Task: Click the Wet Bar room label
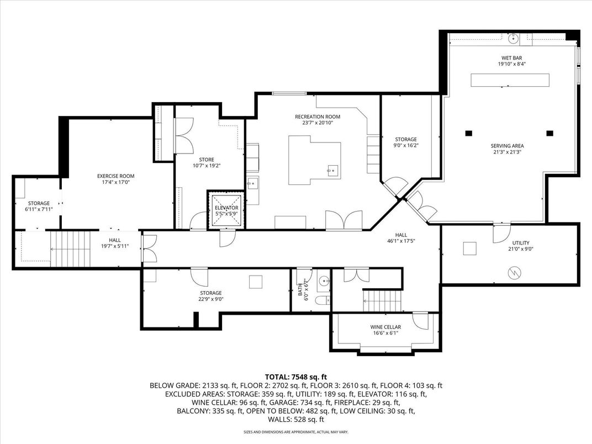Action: click(511, 58)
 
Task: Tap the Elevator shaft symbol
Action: click(226, 210)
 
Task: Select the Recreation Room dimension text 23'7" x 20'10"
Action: click(318, 123)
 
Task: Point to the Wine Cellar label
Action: click(385, 327)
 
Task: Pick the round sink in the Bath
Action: click(324, 281)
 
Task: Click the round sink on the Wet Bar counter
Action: click(514, 39)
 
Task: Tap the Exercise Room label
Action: click(115, 176)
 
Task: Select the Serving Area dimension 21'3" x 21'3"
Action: click(507, 152)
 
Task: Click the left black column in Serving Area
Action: click(468, 133)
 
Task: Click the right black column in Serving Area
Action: click(549, 133)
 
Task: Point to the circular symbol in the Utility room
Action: click(514, 273)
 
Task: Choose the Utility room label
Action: click(521, 243)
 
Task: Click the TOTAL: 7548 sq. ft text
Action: click(295, 377)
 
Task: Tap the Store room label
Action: click(207, 160)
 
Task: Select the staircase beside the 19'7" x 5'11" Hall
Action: click(70, 249)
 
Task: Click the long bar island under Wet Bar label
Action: click(510, 80)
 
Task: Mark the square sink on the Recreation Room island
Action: click(332, 171)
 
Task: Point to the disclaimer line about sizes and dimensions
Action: click(295, 431)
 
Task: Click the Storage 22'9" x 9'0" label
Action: click(210, 293)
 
